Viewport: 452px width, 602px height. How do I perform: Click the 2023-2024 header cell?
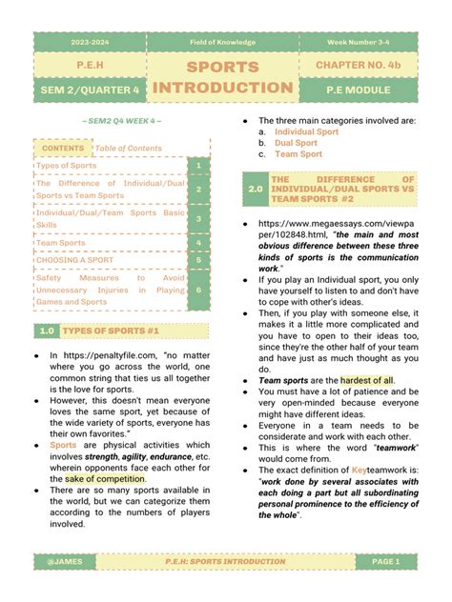(x=90, y=42)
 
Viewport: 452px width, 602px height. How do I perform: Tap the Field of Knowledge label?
(x=221, y=42)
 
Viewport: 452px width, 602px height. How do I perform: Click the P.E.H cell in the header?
(x=90, y=65)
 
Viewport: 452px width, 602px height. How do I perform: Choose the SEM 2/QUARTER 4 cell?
(x=90, y=90)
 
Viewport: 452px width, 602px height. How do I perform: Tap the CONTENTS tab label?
(x=63, y=149)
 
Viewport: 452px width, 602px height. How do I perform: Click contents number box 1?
(x=197, y=166)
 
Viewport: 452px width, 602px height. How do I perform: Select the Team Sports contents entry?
(x=61, y=243)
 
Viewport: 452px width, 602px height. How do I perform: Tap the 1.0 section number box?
(x=46, y=331)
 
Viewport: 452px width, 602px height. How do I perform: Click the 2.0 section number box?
(x=255, y=190)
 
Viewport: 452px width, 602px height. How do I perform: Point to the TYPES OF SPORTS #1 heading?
(x=134, y=331)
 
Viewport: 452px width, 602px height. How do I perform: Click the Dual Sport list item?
(x=297, y=142)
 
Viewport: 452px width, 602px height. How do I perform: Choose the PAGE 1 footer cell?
(x=385, y=562)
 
